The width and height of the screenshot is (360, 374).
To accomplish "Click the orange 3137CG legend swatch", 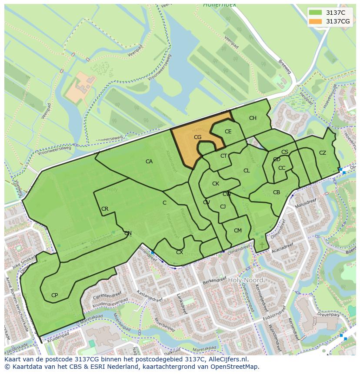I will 316,21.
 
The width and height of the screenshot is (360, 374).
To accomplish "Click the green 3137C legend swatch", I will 316,13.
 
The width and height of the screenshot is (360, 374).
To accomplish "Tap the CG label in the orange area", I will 197,137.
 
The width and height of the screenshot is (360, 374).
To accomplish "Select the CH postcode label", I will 253,118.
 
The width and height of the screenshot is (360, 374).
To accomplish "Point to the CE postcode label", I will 228,132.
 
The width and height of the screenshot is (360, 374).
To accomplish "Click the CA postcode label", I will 149,162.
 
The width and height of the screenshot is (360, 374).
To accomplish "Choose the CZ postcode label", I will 322,153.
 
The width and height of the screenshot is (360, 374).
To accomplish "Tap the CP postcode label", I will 54,295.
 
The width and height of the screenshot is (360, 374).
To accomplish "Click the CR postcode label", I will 105,209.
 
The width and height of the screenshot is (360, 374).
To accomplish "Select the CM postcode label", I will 237,231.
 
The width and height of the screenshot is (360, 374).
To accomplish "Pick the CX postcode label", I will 179,252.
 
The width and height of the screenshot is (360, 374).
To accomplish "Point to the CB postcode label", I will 276,192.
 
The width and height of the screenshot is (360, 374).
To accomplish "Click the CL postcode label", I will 247,171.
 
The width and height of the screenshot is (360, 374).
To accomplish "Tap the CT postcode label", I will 223,156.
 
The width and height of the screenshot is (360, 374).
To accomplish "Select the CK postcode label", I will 216,184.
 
